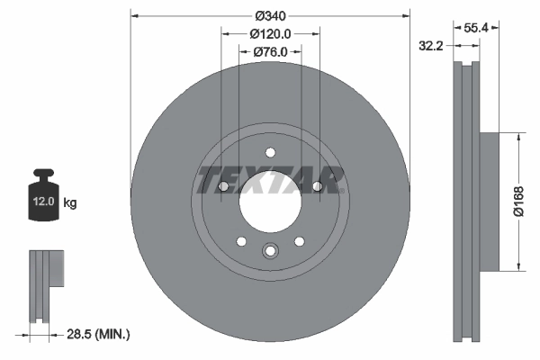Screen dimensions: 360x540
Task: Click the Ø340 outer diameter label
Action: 270,15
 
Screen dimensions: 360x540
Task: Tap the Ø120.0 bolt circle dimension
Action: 270,33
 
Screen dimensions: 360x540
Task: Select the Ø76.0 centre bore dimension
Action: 270,51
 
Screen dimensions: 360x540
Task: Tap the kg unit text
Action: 71,203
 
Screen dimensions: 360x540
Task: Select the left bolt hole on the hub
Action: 222,187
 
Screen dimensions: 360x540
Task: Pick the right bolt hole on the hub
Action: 318,187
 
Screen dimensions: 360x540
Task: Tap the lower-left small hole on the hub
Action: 241,240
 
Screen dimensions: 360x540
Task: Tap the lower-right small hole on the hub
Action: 299,240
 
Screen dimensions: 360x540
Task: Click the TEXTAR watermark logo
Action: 270,180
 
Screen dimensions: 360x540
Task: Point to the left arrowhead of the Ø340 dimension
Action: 134,15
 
